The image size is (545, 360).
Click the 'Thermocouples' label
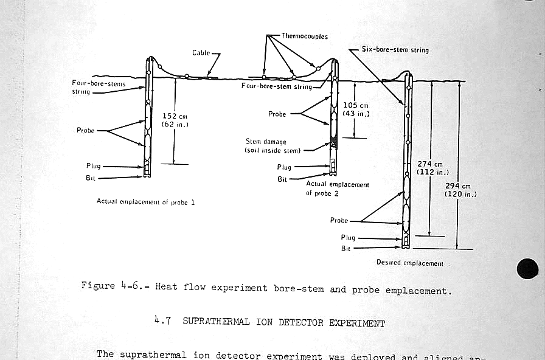point(304,36)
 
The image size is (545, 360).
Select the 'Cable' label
point(201,53)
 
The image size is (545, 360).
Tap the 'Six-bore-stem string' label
point(395,50)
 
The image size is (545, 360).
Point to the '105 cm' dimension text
point(356,105)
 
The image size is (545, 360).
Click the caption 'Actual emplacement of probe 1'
point(145,201)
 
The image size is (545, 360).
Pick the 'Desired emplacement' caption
point(410,263)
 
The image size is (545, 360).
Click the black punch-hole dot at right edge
point(527,269)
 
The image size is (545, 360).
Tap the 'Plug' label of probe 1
point(94,166)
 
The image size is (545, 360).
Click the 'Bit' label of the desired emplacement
point(346,249)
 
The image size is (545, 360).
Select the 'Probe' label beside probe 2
point(277,114)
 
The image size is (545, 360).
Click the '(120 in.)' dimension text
point(460,194)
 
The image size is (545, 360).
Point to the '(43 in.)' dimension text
point(356,114)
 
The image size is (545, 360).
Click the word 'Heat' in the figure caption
point(167,286)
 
